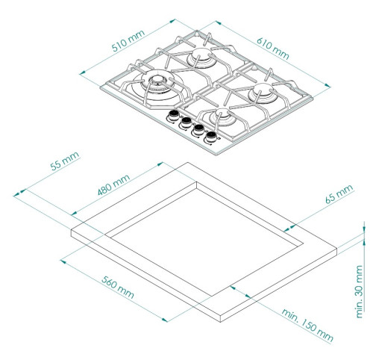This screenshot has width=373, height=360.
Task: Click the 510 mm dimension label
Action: pos(128,41)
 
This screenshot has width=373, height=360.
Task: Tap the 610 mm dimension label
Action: pos(273,49)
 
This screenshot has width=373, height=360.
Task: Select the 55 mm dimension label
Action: pos(65,161)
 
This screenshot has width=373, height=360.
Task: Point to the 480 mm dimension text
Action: pos(113,184)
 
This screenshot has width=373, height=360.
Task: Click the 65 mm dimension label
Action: pos(339,193)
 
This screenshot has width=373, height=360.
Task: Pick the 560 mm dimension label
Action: pos(118,287)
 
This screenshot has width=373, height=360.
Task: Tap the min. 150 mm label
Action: pos(307,325)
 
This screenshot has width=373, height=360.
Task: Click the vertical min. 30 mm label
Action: pos(360,291)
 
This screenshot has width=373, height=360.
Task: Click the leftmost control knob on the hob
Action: pos(173,116)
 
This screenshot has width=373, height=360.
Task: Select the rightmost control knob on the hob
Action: pos(211,137)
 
